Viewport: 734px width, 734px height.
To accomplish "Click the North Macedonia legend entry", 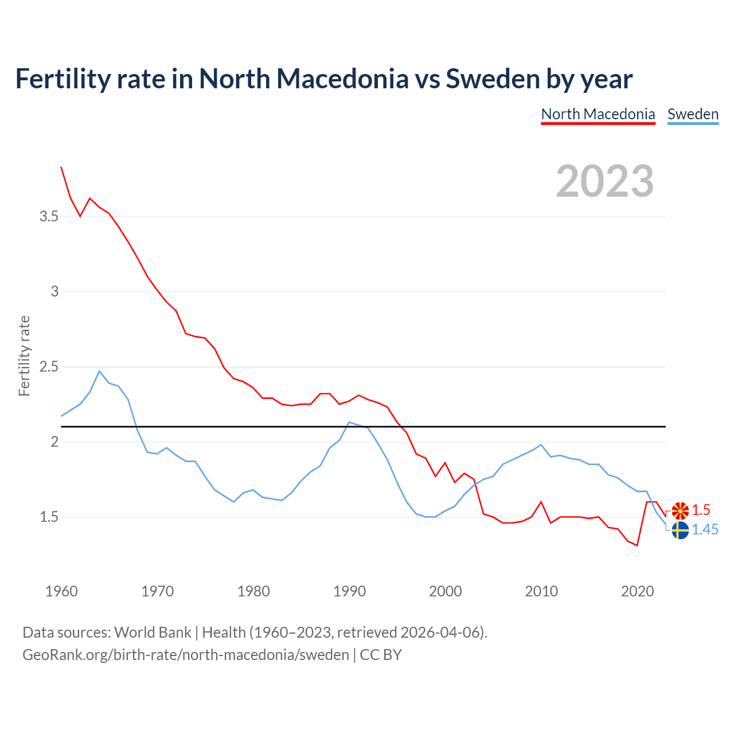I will tap(598, 114).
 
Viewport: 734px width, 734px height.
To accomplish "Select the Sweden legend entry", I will tap(693, 114).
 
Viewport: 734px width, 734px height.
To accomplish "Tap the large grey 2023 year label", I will tap(605, 181).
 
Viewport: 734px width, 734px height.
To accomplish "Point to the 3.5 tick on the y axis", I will tap(49, 217).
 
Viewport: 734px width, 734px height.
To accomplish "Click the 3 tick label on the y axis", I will tap(54, 291).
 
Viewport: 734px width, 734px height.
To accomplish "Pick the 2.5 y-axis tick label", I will tap(49, 366).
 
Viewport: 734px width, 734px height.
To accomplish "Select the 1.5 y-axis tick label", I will tap(49, 517).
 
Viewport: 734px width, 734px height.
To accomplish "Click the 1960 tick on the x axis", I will tap(61, 591).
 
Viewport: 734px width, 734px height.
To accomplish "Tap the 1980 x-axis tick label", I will tap(253, 591).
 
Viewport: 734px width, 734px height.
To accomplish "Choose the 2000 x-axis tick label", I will tap(445, 591).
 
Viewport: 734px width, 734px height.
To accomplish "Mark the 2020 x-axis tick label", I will tap(637, 591).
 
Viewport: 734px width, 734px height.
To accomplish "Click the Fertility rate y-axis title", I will tap(24, 356).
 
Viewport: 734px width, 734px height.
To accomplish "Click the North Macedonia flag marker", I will tap(680, 510).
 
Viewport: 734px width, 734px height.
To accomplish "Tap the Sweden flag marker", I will tap(680, 530).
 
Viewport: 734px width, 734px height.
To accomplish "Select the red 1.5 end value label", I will tap(701, 510).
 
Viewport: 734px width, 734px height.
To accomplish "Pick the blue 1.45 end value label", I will tap(705, 530).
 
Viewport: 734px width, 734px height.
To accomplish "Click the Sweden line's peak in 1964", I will tap(99, 371).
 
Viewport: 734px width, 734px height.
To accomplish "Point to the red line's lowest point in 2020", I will tap(637, 545).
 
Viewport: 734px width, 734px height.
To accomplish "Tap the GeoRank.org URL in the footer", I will tap(185, 654).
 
